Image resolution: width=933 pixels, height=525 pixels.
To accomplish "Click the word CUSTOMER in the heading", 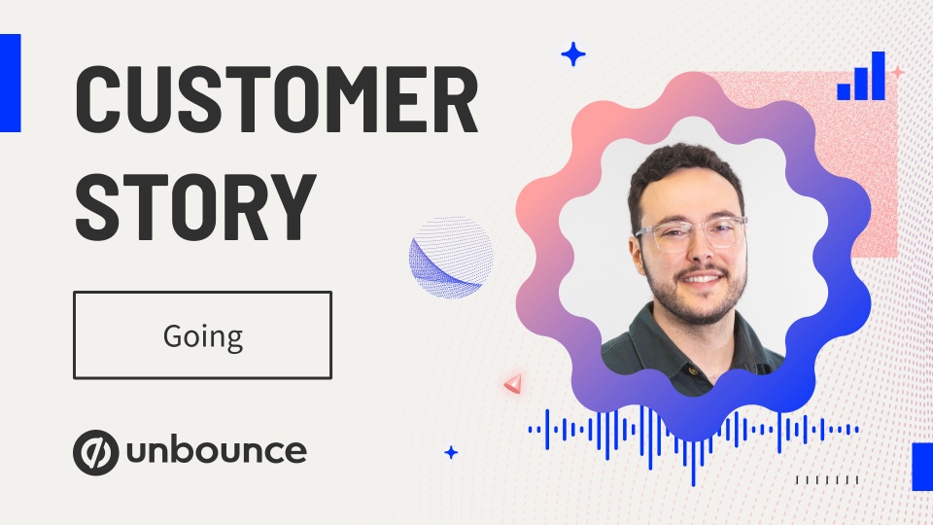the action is coord(277,99).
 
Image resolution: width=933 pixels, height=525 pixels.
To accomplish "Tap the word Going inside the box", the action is coord(203,337).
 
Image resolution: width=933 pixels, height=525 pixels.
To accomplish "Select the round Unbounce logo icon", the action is coord(95,452).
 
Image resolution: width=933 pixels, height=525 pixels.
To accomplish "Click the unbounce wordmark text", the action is coord(217,450).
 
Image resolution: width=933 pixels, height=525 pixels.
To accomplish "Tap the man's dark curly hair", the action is coord(683,173).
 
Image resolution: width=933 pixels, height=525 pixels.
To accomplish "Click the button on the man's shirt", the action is coord(693,370).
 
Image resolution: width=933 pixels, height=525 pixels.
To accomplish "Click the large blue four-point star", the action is coord(573,54).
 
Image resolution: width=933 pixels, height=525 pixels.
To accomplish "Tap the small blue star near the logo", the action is coord(451,453).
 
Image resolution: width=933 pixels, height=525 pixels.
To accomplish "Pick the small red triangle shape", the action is coord(513,383).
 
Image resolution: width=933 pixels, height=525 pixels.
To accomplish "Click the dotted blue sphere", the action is coord(451,257).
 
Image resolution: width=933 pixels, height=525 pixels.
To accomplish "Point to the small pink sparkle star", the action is coord(897,73).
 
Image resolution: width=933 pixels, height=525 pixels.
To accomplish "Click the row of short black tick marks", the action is coord(827,479).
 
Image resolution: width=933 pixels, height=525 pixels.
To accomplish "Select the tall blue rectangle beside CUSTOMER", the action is coord(10,83).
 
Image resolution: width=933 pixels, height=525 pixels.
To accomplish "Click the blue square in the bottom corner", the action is coord(922,467).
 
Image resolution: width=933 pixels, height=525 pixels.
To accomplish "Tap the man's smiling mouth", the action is coord(702,279).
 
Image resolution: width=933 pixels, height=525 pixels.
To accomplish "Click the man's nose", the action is coord(702,251).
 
